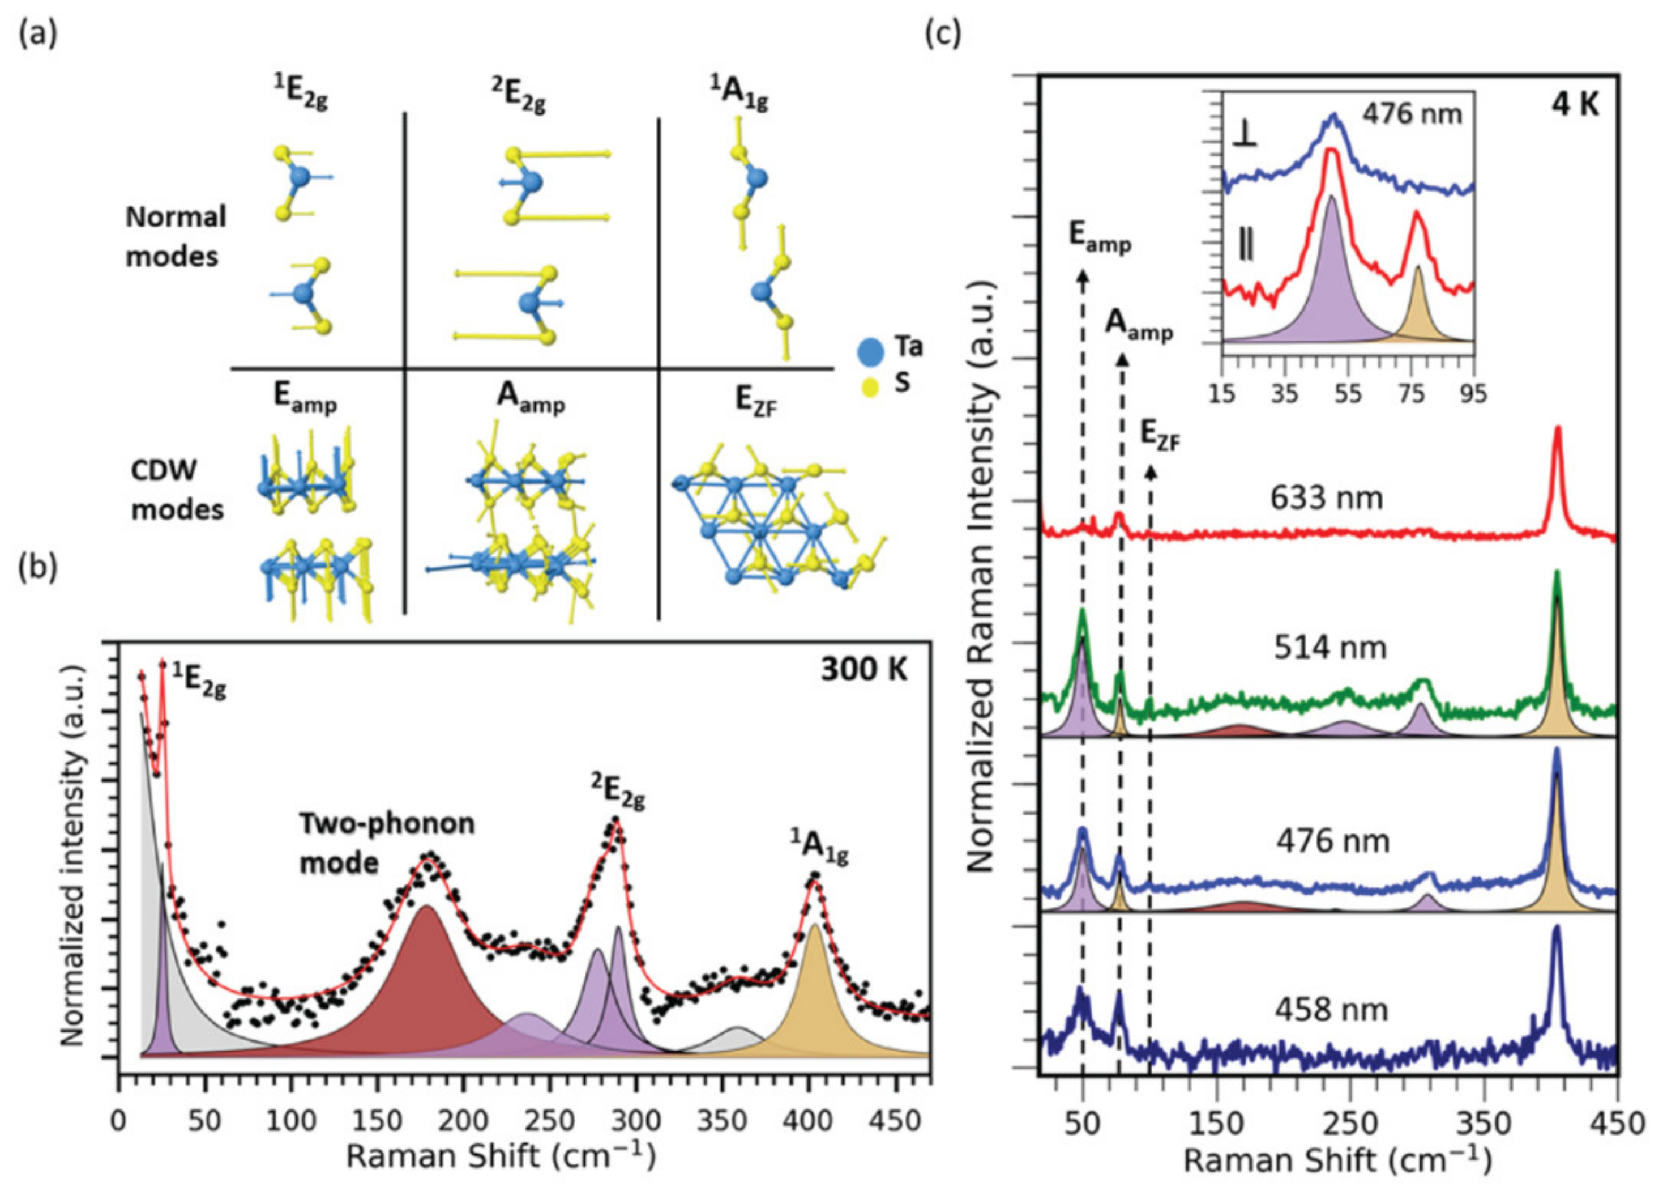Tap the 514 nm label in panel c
pyautogui.click(x=1330, y=648)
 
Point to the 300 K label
pyautogui.click(x=863, y=670)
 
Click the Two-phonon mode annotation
pyautogui.click(x=386, y=843)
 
